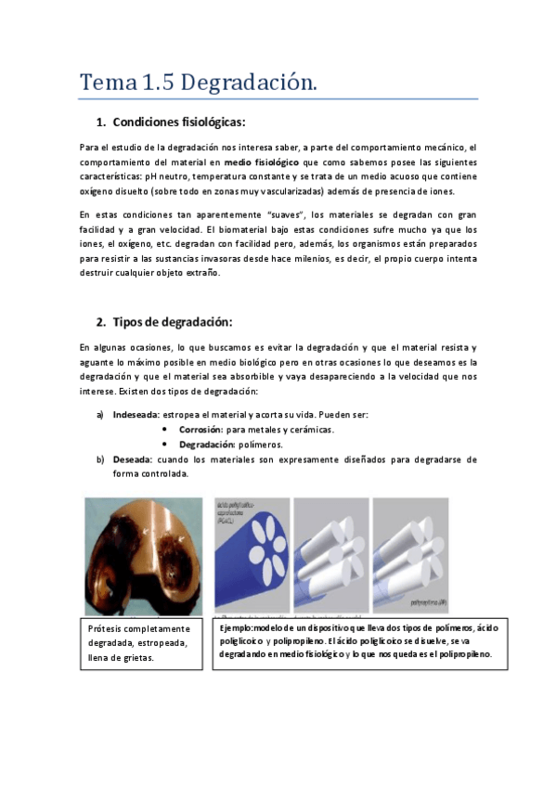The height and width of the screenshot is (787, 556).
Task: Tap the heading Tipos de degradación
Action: click(172, 322)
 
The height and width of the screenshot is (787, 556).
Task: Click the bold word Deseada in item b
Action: click(132, 459)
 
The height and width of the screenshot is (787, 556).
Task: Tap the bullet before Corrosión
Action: click(164, 430)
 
